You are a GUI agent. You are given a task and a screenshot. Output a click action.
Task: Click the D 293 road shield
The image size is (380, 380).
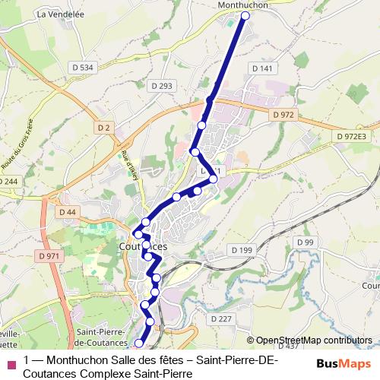(162, 85)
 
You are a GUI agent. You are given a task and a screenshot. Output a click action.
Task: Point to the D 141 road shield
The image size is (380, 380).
(261, 68)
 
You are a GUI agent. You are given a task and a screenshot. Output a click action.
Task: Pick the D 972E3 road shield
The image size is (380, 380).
(352, 135)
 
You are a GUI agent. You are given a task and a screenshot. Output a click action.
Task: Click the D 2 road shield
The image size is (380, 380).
(103, 127)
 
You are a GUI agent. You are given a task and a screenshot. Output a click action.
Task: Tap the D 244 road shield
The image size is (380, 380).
(8, 181)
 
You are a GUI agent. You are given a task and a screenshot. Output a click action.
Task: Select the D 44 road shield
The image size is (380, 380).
(67, 211)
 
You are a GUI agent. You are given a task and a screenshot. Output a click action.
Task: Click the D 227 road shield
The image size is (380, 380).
(221, 318)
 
